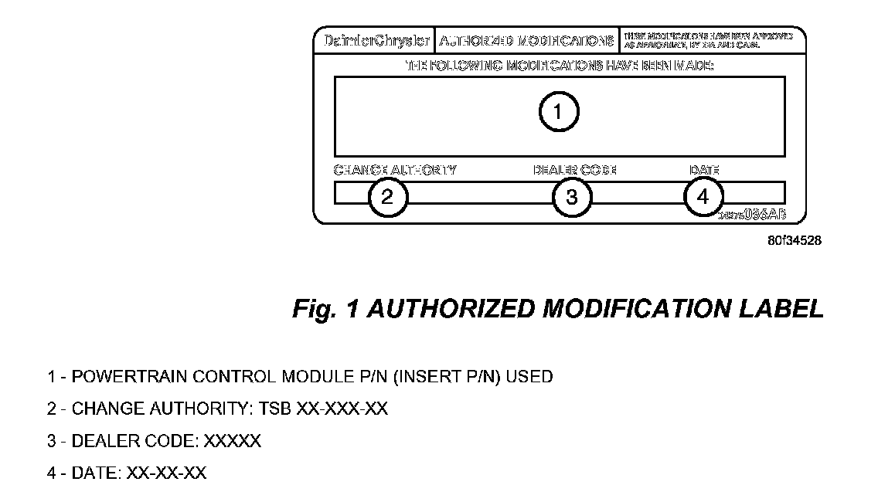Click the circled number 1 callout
558,113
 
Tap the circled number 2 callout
388,197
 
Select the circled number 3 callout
572,197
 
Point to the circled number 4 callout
703,196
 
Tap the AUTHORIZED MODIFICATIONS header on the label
527,41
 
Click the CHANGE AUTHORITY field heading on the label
395,170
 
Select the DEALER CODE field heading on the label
574,170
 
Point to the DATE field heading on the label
704,170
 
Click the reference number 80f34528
795,240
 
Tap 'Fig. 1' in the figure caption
325,309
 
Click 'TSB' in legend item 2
276,409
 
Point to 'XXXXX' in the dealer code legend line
233,441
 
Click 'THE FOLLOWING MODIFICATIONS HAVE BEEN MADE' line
560,66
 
